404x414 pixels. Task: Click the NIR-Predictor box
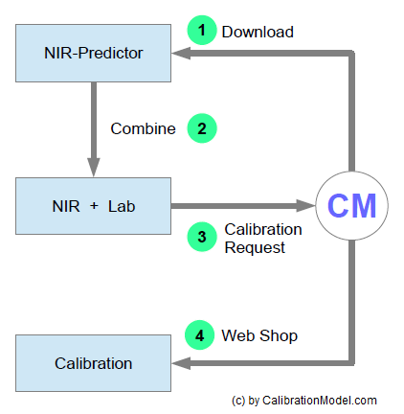point(93,53)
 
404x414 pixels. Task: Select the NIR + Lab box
point(93,206)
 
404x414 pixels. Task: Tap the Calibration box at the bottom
point(93,363)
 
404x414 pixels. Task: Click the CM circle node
point(351,206)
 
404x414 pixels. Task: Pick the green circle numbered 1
point(202,30)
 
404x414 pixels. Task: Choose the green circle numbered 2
point(202,128)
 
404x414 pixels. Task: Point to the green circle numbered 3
point(202,237)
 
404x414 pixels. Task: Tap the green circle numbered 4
point(199,335)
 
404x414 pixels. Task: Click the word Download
point(258,32)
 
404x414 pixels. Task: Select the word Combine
point(143,128)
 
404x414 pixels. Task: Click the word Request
point(255,248)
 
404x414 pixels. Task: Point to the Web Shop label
point(259,335)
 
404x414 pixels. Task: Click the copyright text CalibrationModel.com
point(320,401)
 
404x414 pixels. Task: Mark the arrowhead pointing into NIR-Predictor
point(181,54)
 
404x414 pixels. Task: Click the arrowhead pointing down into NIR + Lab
point(94,167)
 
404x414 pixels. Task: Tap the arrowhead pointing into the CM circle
point(306,206)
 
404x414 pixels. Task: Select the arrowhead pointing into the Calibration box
point(181,363)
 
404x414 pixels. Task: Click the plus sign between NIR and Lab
point(94,206)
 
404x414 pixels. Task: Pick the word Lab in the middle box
point(122,206)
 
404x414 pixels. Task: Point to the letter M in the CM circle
point(364,206)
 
